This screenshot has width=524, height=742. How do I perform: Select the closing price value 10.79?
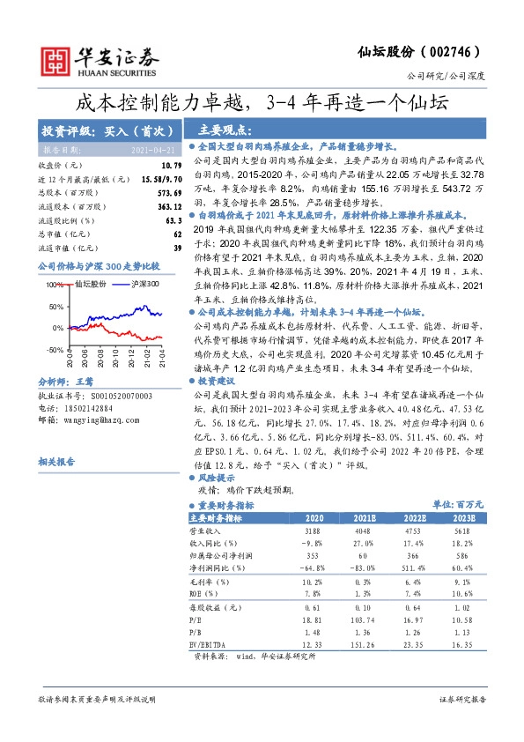172,165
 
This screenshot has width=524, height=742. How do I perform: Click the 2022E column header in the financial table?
413,519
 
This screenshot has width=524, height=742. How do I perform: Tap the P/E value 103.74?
361,620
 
